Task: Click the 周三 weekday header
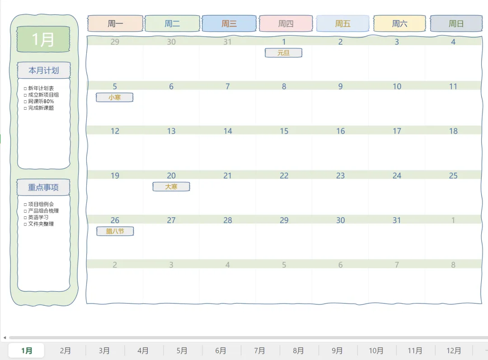229,23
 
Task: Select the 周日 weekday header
456,23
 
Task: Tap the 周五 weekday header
343,23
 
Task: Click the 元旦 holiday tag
283,53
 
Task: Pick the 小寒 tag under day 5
114,97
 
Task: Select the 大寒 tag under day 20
171,187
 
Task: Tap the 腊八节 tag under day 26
115,231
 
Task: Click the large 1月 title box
43,39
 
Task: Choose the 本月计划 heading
44,70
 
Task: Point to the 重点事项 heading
43,187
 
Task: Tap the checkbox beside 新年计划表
25,89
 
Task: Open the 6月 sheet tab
221,351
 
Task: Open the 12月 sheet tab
454,351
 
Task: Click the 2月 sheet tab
66,351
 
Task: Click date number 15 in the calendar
284,131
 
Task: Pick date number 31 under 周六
397,220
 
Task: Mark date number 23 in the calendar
340,176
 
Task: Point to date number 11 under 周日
453,86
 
